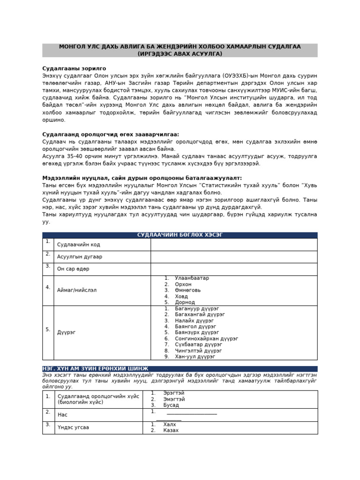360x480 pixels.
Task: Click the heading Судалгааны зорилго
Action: (74, 68)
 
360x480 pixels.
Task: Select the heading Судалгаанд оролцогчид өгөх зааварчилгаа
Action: (111, 135)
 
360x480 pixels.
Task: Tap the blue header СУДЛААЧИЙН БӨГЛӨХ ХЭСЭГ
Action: (180, 235)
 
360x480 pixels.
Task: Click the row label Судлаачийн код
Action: (78, 245)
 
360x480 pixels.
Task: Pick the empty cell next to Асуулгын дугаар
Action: (233, 257)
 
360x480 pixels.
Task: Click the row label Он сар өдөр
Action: (73, 269)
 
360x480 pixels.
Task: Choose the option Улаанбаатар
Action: (192, 278)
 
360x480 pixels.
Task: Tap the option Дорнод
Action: (185, 302)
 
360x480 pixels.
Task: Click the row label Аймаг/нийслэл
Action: (77, 290)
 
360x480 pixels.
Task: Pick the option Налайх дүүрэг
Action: (194, 321)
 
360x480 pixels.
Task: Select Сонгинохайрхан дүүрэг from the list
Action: (206, 338)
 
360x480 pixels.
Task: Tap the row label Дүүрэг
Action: (66, 332)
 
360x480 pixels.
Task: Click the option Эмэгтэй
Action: (173, 399)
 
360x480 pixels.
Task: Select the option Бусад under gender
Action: (171, 405)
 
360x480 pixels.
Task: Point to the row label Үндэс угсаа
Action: (73, 427)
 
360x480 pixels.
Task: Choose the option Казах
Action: (171, 430)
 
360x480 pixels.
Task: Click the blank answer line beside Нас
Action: (192, 414)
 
